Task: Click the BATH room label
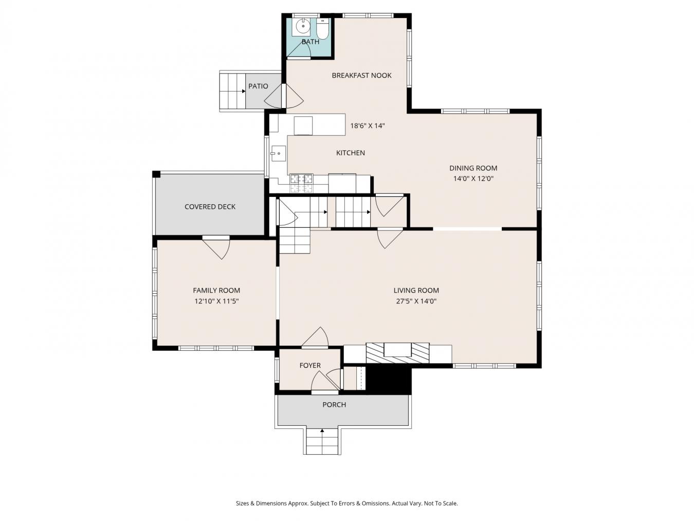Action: pos(310,42)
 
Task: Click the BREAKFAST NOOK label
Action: pos(361,75)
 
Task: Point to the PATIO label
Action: pos(258,86)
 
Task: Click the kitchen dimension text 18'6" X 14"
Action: pos(368,125)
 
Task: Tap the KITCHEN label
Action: pos(351,153)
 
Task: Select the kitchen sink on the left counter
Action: pos(278,153)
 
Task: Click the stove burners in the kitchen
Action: pos(301,179)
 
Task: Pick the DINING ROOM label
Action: pos(473,168)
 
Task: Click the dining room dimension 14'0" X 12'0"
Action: pos(473,179)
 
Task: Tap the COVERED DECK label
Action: pos(210,207)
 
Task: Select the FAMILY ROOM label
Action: pos(216,290)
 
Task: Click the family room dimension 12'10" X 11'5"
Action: pos(216,301)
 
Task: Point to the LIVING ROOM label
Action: pos(416,290)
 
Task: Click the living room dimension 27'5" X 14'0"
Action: pos(416,301)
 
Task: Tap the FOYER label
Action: pos(310,365)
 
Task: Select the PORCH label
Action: pos(334,404)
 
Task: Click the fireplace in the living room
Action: pos(397,352)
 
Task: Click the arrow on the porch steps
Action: pos(322,432)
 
